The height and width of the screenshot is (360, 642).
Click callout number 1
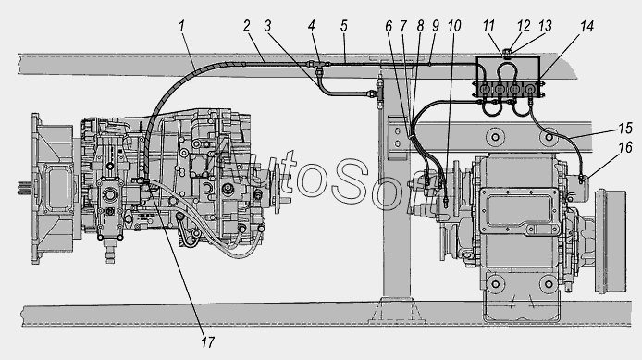point(182,26)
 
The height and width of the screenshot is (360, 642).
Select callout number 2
point(246,26)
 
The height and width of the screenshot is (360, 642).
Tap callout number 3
point(267,26)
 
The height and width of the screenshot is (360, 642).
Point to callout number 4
point(312,26)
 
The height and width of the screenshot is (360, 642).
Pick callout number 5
point(343,26)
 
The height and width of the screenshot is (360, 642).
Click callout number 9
point(435,26)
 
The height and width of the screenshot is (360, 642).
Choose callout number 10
point(454,26)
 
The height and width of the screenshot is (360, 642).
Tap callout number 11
point(488,26)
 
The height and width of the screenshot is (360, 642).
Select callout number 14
point(586,26)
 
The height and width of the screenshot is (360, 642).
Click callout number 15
point(625,129)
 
